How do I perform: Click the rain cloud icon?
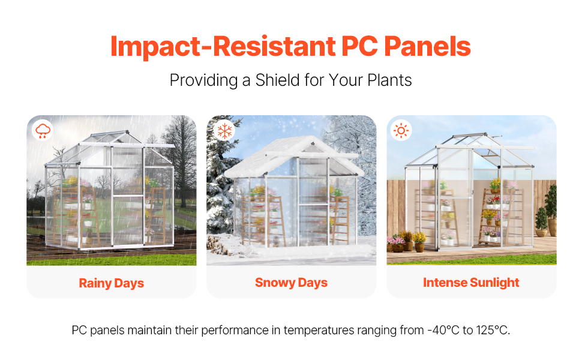[x=43, y=131]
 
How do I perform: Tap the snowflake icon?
[x=224, y=131]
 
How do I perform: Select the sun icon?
[x=401, y=131]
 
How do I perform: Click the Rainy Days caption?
[x=112, y=283]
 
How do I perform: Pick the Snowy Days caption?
[x=292, y=283]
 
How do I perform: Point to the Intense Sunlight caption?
[x=471, y=283]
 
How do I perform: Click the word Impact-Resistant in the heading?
[x=223, y=47]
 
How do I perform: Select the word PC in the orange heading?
[x=359, y=46]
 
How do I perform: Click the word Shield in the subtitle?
[x=278, y=80]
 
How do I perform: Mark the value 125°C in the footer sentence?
[x=493, y=330]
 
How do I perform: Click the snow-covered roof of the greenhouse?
[x=293, y=156]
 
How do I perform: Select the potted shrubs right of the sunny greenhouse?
[x=547, y=212]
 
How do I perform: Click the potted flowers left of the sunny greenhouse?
[x=406, y=241]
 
